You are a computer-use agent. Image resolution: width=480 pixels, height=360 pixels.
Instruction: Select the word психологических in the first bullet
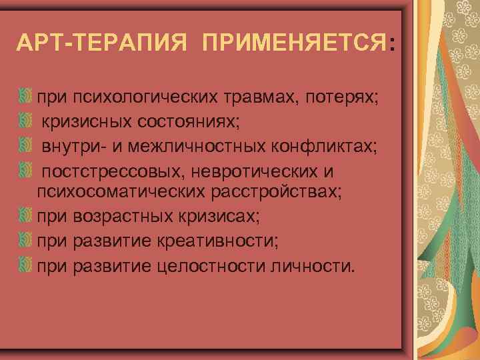pos(145,99)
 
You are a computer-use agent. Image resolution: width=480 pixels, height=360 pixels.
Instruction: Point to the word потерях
pos(343,99)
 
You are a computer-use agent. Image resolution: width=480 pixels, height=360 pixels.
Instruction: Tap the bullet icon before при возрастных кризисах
pos(27,216)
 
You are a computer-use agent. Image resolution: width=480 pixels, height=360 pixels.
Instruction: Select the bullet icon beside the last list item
pos(27,265)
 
